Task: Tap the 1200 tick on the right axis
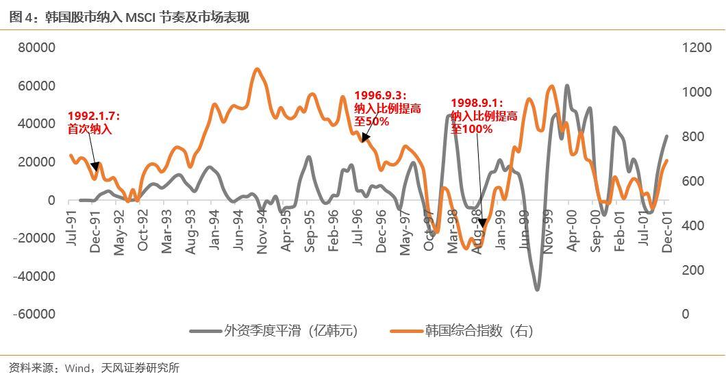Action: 697,48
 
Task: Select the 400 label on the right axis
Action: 692,225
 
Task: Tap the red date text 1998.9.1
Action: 477,103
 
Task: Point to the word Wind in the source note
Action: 76,369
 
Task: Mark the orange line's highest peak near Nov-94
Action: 257,69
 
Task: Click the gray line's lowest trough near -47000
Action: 537,289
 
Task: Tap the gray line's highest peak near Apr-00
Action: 567,86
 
